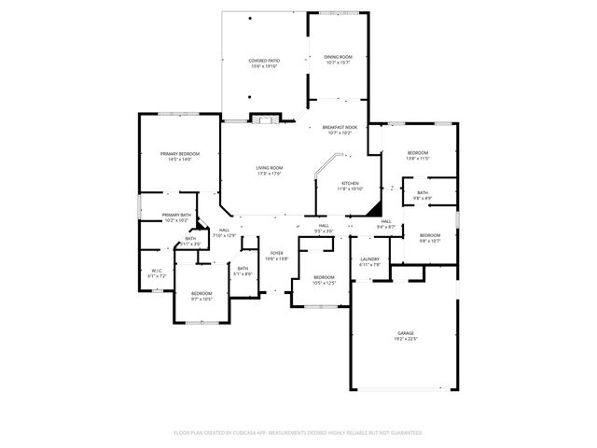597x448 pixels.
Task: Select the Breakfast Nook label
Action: pyautogui.click(x=340, y=130)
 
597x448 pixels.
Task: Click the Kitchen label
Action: pyautogui.click(x=350, y=185)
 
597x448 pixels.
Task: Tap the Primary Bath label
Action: pyautogui.click(x=176, y=217)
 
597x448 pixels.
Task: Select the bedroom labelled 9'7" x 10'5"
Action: pyautogui.click(x=201, y=296)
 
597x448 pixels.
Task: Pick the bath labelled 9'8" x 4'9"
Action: pyautogui.click(x=423, y=195)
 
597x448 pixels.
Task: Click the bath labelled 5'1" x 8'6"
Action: pyautogui.click(x=243, y=271)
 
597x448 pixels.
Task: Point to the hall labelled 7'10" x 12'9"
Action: pyautogui.click(x=224, y=232)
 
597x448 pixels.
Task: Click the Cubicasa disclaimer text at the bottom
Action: pyautogui.click(x=298, y=432)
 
